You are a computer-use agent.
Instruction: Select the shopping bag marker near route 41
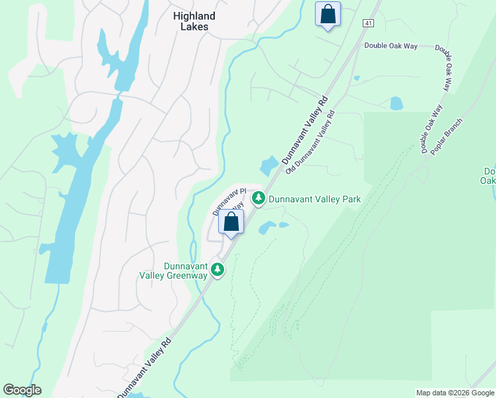coord(328,14)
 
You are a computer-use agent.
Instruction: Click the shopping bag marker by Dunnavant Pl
coord(231,222)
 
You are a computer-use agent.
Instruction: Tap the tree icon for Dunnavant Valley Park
coord(258,198)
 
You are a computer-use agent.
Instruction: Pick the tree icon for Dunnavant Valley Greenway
coord(217,269)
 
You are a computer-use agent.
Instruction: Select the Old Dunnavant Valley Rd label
coord(310,143)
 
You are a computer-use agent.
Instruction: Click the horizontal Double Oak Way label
coord(391,46)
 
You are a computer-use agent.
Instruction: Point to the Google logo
coord(22,390)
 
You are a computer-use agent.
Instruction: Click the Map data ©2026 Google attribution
coord(455,393)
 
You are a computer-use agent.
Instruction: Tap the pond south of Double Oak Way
coord(397,103)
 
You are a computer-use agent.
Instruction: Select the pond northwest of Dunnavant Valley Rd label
coord(270,165)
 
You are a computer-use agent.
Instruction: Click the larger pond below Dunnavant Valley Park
coord(267,228)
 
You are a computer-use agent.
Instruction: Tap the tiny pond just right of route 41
coord(357,78)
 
